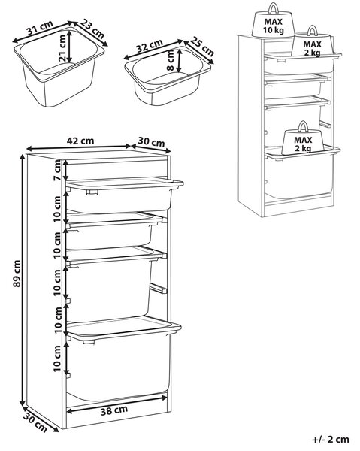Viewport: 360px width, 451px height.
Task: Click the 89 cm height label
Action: (x=17, y=274)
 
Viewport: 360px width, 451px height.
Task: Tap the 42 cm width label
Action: (x=80, y=141)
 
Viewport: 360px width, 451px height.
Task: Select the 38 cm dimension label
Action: (x=114, y=410)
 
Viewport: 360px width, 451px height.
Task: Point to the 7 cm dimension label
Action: (x=57, y=171)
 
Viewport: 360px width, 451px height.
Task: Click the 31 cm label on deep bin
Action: (x=40, y=27)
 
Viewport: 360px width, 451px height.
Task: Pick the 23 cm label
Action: (x=92, y=29)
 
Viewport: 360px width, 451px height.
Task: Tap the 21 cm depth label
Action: (x=62, y=48)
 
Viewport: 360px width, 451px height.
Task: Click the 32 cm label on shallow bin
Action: (x=150, y=46)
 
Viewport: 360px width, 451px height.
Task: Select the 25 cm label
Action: (x=202, y=47)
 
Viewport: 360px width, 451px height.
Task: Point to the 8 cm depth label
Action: (x=170, y=60)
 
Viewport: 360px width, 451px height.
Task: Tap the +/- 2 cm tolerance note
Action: (x=331, y=440)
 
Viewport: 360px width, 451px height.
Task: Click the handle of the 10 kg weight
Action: (x=273, y=8)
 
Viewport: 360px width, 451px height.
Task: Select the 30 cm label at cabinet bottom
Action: (x=35, y=422)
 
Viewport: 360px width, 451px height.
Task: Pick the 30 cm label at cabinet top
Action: (x=151, y=142)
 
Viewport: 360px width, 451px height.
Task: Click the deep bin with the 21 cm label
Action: (x=59, y=68)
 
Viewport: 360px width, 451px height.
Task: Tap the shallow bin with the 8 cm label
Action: (x=168, y=75)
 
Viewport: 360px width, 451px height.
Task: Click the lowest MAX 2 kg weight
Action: (x=303, y=139)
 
